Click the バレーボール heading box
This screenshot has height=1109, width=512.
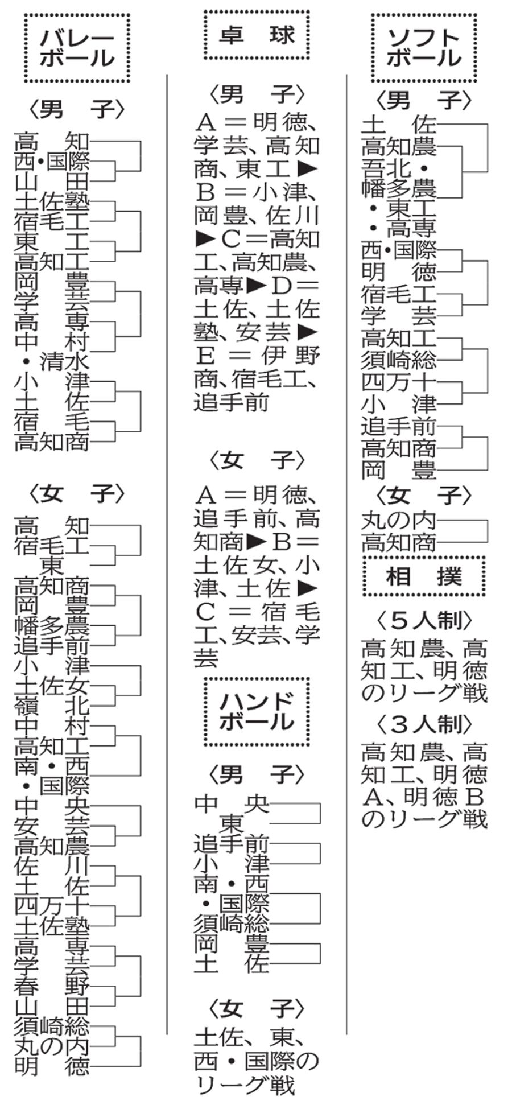coord(76,49)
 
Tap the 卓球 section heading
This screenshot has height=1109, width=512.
coord(257,36)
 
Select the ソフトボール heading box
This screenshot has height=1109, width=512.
coord(424,48)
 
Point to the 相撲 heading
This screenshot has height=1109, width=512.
coord(424,576)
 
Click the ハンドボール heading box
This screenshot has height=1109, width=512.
coord(257,711)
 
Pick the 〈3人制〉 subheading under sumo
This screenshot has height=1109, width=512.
coord(424,724)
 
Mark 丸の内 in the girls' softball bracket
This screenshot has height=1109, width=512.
coord(399,520)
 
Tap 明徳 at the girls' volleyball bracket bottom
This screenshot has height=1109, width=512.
coord(52,1065)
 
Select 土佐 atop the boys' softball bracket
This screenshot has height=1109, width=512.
coord(399,124)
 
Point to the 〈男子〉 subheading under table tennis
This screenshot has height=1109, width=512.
coord(257,95)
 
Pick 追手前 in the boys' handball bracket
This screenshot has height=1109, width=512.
coord(232,843)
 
